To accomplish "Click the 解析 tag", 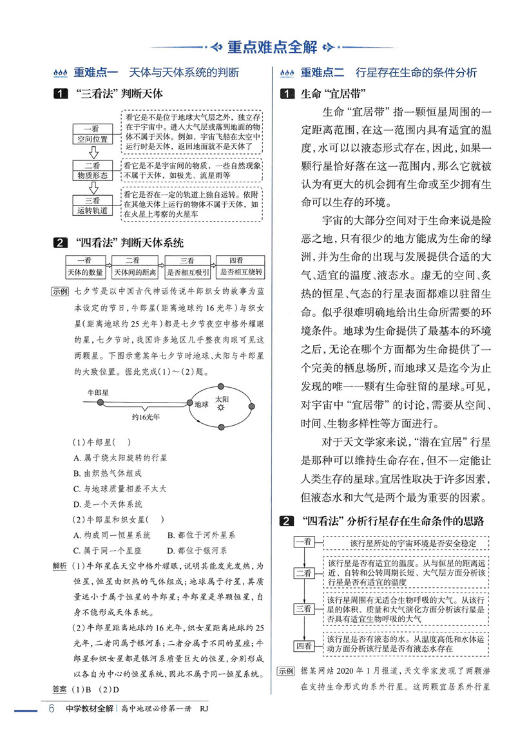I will (x=60, y=566).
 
